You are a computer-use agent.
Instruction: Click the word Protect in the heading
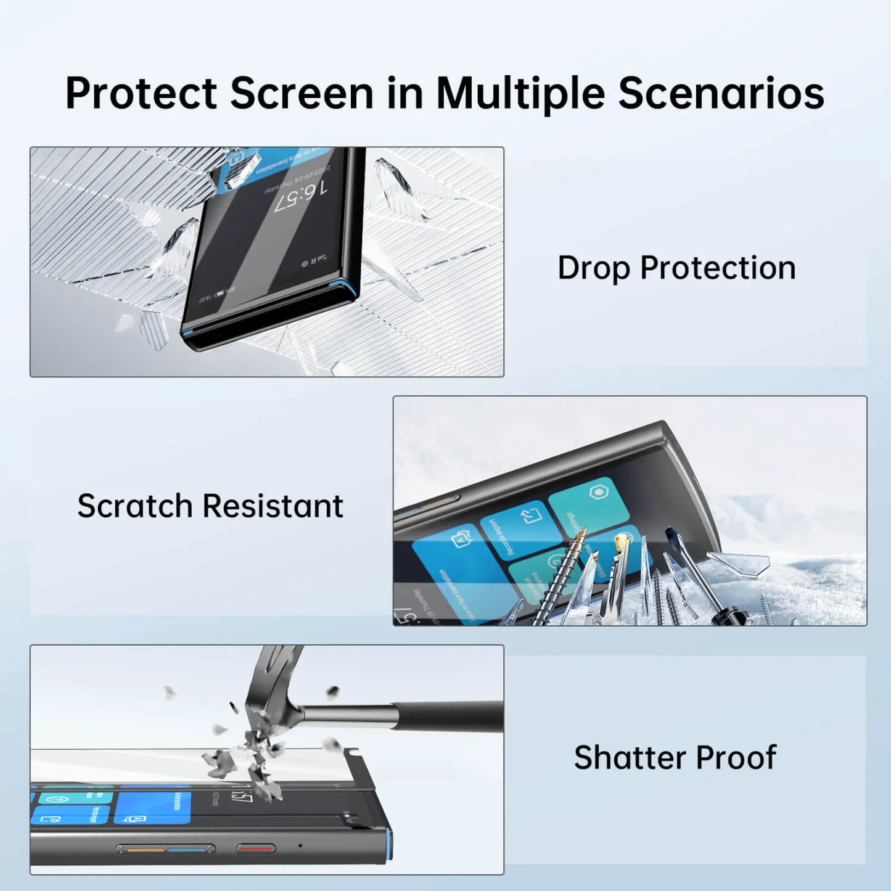click(141, 94)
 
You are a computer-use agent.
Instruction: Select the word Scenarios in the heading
click(721, 94)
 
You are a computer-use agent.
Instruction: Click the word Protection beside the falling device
click(718, 269)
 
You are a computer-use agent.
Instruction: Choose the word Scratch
click(135, 506)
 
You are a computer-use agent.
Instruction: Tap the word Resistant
click(273, 506)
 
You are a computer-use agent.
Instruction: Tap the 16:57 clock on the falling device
click(302, 197)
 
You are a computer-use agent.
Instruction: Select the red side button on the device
click(256, 849)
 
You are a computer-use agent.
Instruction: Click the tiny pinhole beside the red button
click(300, 845)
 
